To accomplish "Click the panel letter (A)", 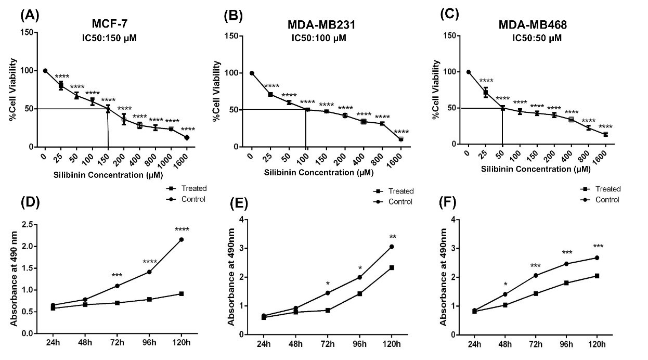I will pos(30,15).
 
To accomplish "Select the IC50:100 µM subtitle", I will pos(317,38).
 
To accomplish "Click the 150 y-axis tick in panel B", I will pos(236,36).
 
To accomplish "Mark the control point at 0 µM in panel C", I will pos(469,72).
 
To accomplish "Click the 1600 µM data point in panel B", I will pos(401,139).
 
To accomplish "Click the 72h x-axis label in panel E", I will pos(328,344).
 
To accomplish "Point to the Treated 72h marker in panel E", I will pos(328,310).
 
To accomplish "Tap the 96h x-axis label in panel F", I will pos(565,344).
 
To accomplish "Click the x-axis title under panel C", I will pos(535,169).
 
